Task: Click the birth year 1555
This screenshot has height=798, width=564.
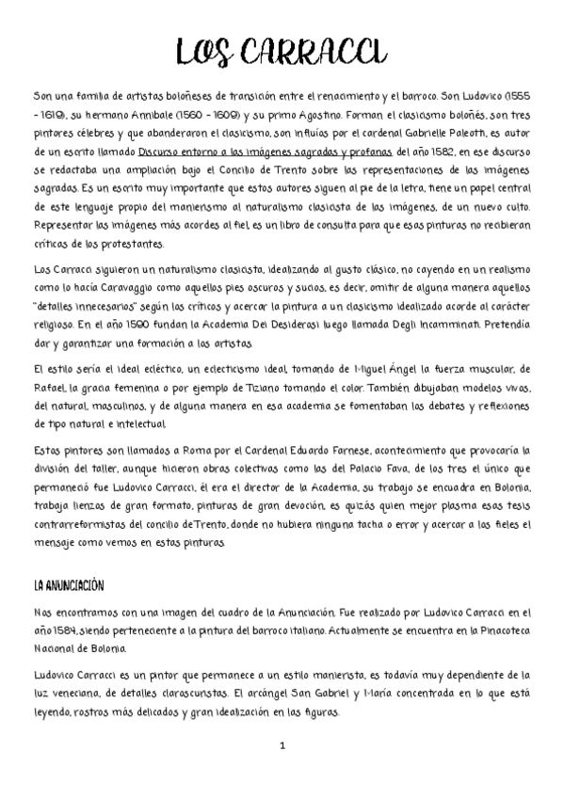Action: pos(515,96)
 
